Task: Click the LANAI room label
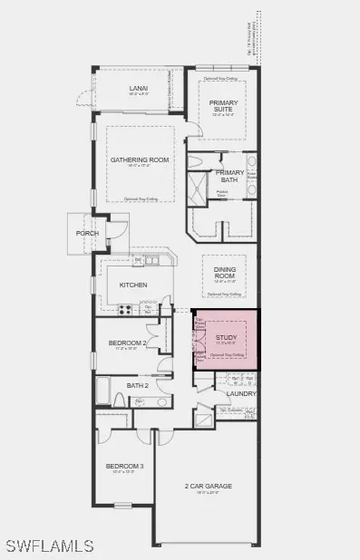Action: pos(140,88)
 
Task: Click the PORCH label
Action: pos(87,233)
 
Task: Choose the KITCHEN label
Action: pos(133,285)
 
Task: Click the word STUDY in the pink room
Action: pos(225,338)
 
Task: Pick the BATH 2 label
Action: pos(138,385)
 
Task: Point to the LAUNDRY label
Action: pos(240,393)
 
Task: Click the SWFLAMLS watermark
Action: pos(49,546)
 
